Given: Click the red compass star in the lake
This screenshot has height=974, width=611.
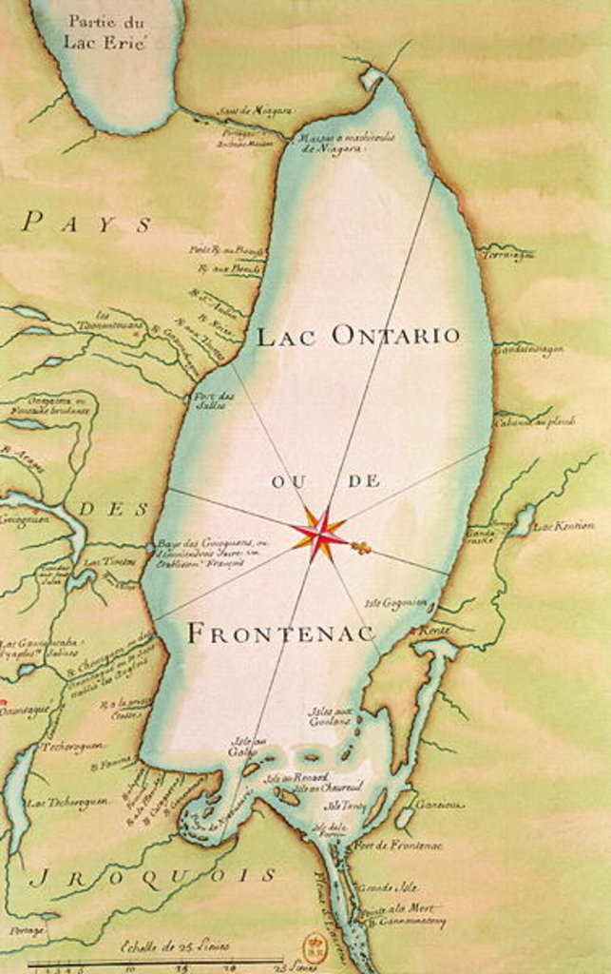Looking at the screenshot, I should click(319, 534).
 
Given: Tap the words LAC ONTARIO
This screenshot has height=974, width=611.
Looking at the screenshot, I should click(358, 336).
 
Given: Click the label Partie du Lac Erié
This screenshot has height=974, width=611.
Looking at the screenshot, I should click(105, 32).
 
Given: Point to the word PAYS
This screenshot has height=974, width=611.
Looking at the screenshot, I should click(86, 224).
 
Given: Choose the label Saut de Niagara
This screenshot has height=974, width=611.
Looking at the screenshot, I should click(253, 111).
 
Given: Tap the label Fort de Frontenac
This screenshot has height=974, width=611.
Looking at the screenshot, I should click(384, 844).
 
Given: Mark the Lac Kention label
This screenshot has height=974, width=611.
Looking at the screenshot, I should click(563, 525).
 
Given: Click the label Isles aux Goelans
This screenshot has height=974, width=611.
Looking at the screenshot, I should click(330, 715).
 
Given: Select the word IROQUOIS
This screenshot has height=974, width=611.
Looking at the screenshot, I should click(151, 875).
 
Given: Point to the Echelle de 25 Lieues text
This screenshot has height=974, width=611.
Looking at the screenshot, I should click(175, 946).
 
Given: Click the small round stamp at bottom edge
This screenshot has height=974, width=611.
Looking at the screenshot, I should click(314, 945).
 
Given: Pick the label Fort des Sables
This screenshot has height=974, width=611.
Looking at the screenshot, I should click(214, 399).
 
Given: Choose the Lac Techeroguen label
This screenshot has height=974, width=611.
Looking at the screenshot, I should click(67, 802).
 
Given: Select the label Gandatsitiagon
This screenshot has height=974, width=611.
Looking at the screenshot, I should click(528, 349).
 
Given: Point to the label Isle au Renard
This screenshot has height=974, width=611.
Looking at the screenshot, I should click(289, 777).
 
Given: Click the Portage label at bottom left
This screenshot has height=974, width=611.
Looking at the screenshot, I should click(27, 930).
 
